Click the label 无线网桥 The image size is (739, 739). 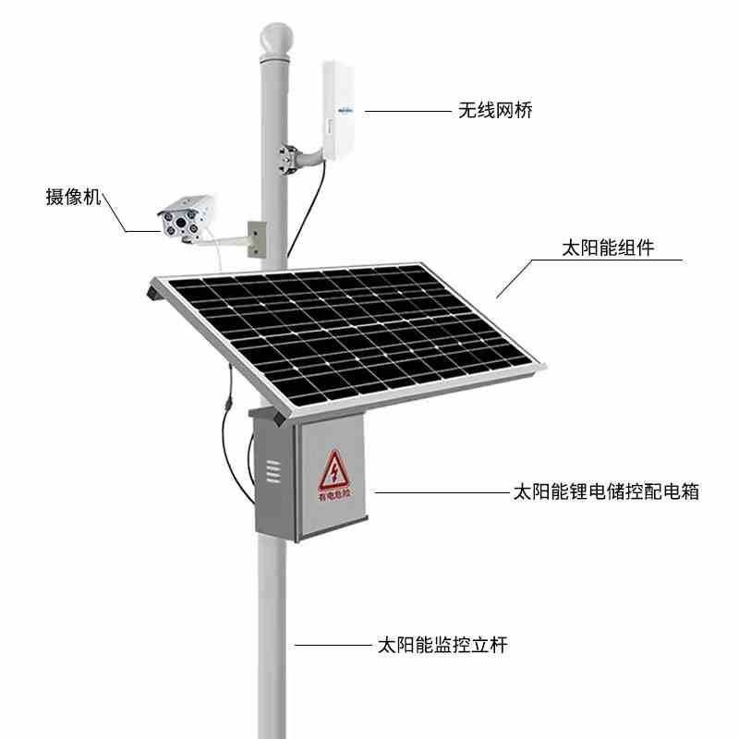coord(494,111)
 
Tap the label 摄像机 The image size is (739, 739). coord(73,197)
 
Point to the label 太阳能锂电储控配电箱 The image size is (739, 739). coord(605,491)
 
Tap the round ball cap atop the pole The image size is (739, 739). coord(275,40)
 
